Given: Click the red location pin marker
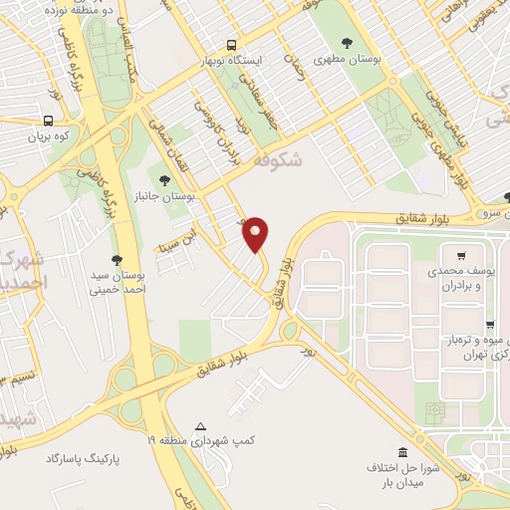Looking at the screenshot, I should [x=257, y=234].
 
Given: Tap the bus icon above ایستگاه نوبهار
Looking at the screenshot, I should [x=231, y=45].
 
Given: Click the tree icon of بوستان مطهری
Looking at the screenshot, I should [x=347, y=43].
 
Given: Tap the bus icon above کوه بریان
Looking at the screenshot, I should [x=49, y=117].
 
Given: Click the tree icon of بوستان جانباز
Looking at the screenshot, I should [x=164, y=179].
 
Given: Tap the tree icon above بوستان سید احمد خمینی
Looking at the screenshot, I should [x=118, y=259].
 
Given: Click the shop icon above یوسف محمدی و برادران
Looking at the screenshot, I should [x=460, y=254].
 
